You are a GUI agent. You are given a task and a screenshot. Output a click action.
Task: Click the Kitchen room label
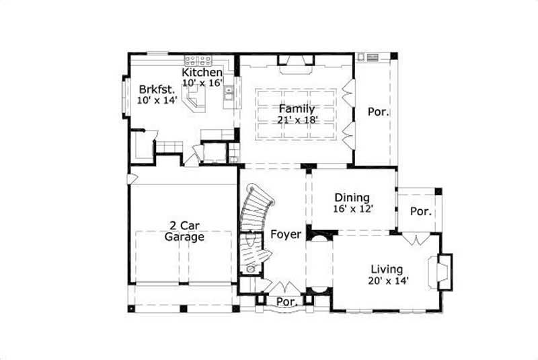point(202,72)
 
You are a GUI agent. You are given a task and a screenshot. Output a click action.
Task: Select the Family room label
point(297,108)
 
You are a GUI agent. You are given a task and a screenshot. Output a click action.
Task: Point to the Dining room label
point(352,197)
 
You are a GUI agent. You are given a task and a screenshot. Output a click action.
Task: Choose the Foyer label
point(285,234)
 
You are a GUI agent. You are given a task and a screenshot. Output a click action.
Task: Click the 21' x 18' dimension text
point(297,120)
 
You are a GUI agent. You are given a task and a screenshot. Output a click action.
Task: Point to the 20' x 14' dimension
point(389,281)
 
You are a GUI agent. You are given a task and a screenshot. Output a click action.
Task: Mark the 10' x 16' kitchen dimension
point(202,83)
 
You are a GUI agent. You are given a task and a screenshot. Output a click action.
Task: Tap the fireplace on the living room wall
point(445,271)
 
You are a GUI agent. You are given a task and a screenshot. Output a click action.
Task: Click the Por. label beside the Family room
point(378,112)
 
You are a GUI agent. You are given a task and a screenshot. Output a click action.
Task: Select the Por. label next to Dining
point(420,211)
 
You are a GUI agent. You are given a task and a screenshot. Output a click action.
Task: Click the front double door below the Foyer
point(283,287)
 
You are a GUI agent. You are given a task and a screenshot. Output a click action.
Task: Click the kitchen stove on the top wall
point(199,59)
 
